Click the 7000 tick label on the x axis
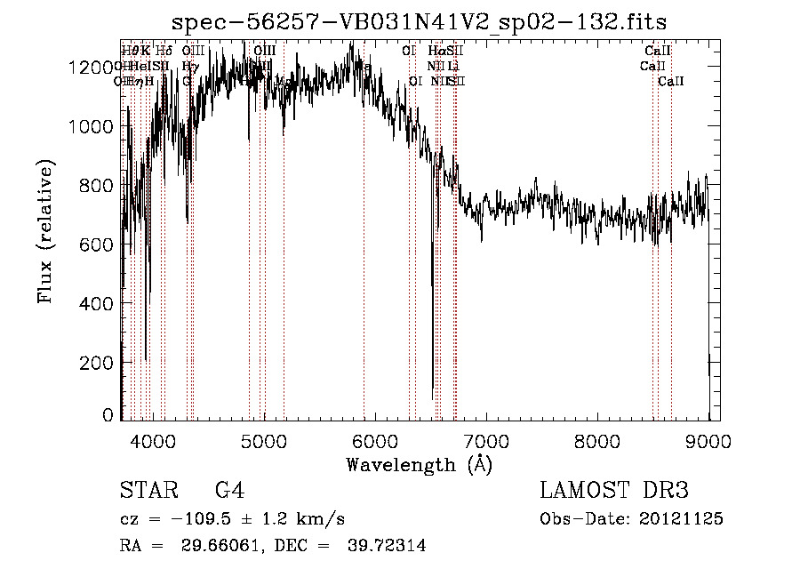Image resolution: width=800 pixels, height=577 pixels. click(486, 441)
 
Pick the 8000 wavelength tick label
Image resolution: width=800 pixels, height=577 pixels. click(597, 441)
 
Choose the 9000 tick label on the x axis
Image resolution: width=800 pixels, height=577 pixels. click(708, 441)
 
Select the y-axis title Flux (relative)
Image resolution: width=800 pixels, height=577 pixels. click(46, 231)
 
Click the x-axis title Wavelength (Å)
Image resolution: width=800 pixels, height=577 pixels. click(419, 464)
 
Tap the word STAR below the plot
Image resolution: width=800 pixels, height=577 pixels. click(143, 491)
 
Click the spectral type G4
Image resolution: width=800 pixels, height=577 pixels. click(230, 491)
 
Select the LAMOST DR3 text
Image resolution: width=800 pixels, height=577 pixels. click(614, 491)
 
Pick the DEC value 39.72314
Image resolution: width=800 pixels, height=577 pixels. click(387, 546)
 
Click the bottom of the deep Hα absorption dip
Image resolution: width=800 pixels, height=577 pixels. click(433, 398)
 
